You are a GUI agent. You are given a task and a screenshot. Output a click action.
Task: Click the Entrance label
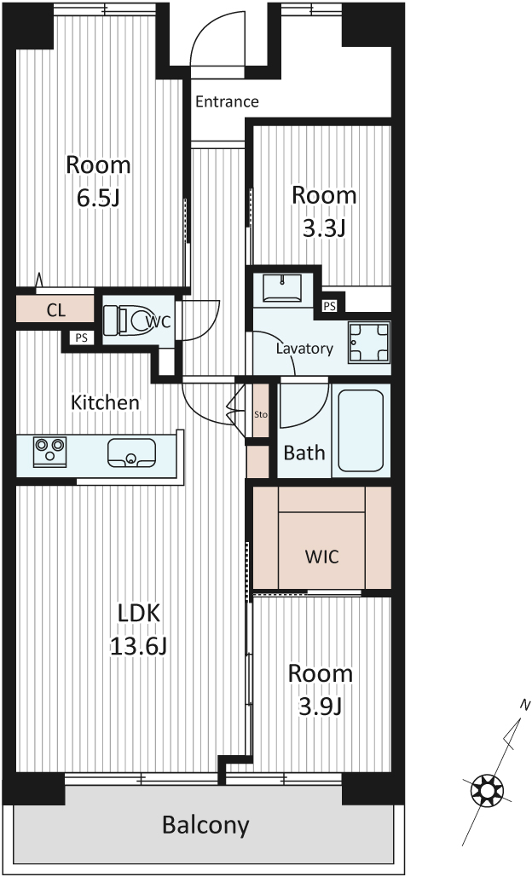(x=227, y=101)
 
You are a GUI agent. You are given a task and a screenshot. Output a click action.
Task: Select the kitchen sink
(x=131, y=453)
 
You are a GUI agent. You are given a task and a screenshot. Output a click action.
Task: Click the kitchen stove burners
(x=49, y=452)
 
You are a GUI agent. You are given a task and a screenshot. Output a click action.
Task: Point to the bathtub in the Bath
(x=361, y=430)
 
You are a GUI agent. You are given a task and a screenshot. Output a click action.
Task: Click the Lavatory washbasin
(x=281, y=289)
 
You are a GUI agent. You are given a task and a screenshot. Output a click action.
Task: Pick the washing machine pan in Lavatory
(x=369, y=343)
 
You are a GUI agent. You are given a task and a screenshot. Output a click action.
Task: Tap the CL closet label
(x=56, y=310)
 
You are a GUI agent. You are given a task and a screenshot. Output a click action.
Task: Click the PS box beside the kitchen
(x=82, y=338)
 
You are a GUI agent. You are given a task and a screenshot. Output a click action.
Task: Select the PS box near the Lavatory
(x=329, y=306)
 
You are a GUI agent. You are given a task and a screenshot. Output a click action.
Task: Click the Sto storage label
(x=261, y=414)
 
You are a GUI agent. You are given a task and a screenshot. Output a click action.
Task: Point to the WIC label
(x=321, y=557)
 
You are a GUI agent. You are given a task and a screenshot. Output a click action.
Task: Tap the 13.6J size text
(x=138, y=647)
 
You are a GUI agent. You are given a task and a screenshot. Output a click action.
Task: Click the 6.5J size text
(x=98, y=199)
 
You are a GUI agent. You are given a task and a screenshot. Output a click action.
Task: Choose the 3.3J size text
(x=323, y=228)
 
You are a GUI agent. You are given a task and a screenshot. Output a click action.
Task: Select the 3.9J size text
(x=320, y=707)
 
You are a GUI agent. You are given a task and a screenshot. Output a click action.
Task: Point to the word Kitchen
(x=105, y=402)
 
